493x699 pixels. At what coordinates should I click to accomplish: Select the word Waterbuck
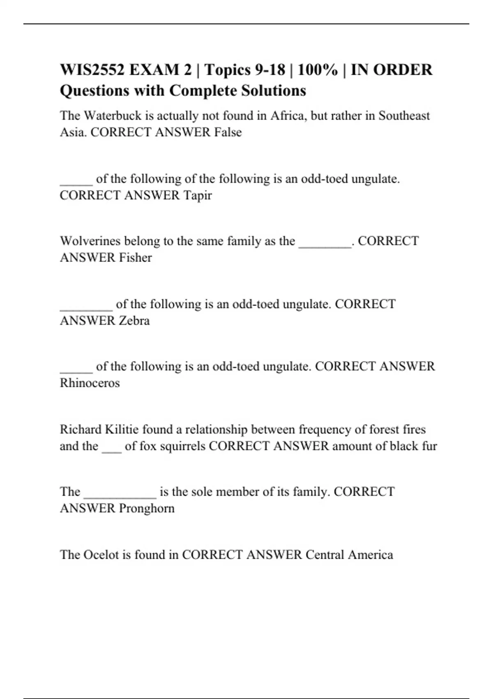pyautogui.click(x=107, y=116)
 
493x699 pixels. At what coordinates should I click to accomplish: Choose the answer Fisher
pyautogui.click(x=136, y=257)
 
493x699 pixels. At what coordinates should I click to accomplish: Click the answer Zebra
pyautogui.click(x=134, y=320)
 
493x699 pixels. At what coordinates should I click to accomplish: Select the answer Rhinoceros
pyautogui.click(x=90, y=383)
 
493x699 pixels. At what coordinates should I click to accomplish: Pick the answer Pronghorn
pyautogui.click(x=147, y=509)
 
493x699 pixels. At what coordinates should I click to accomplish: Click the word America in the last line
pyautogui.click(x=370, y=555)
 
